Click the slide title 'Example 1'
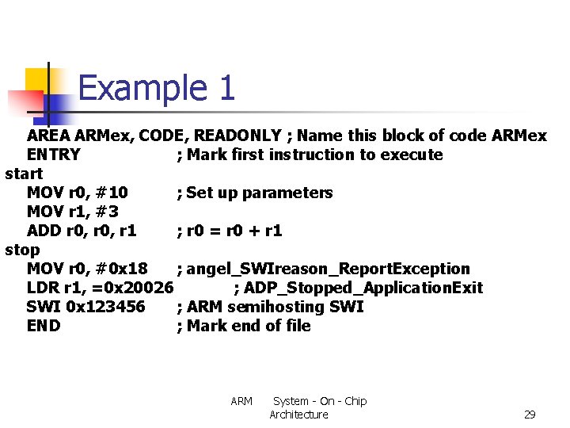[x=157, y=87]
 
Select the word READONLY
[x=237, y=136]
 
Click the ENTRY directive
[x=54, y=155]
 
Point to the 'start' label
[x=24, y=174]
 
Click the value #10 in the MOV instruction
[x=112, y=193]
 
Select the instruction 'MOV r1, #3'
[x=72, y=212]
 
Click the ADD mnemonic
[x=44, y=231]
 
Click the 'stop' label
[x=22, y=250]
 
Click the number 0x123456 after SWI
[x=106, y=307]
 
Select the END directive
[x=44, y=326]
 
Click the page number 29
[x=530, y=415]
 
